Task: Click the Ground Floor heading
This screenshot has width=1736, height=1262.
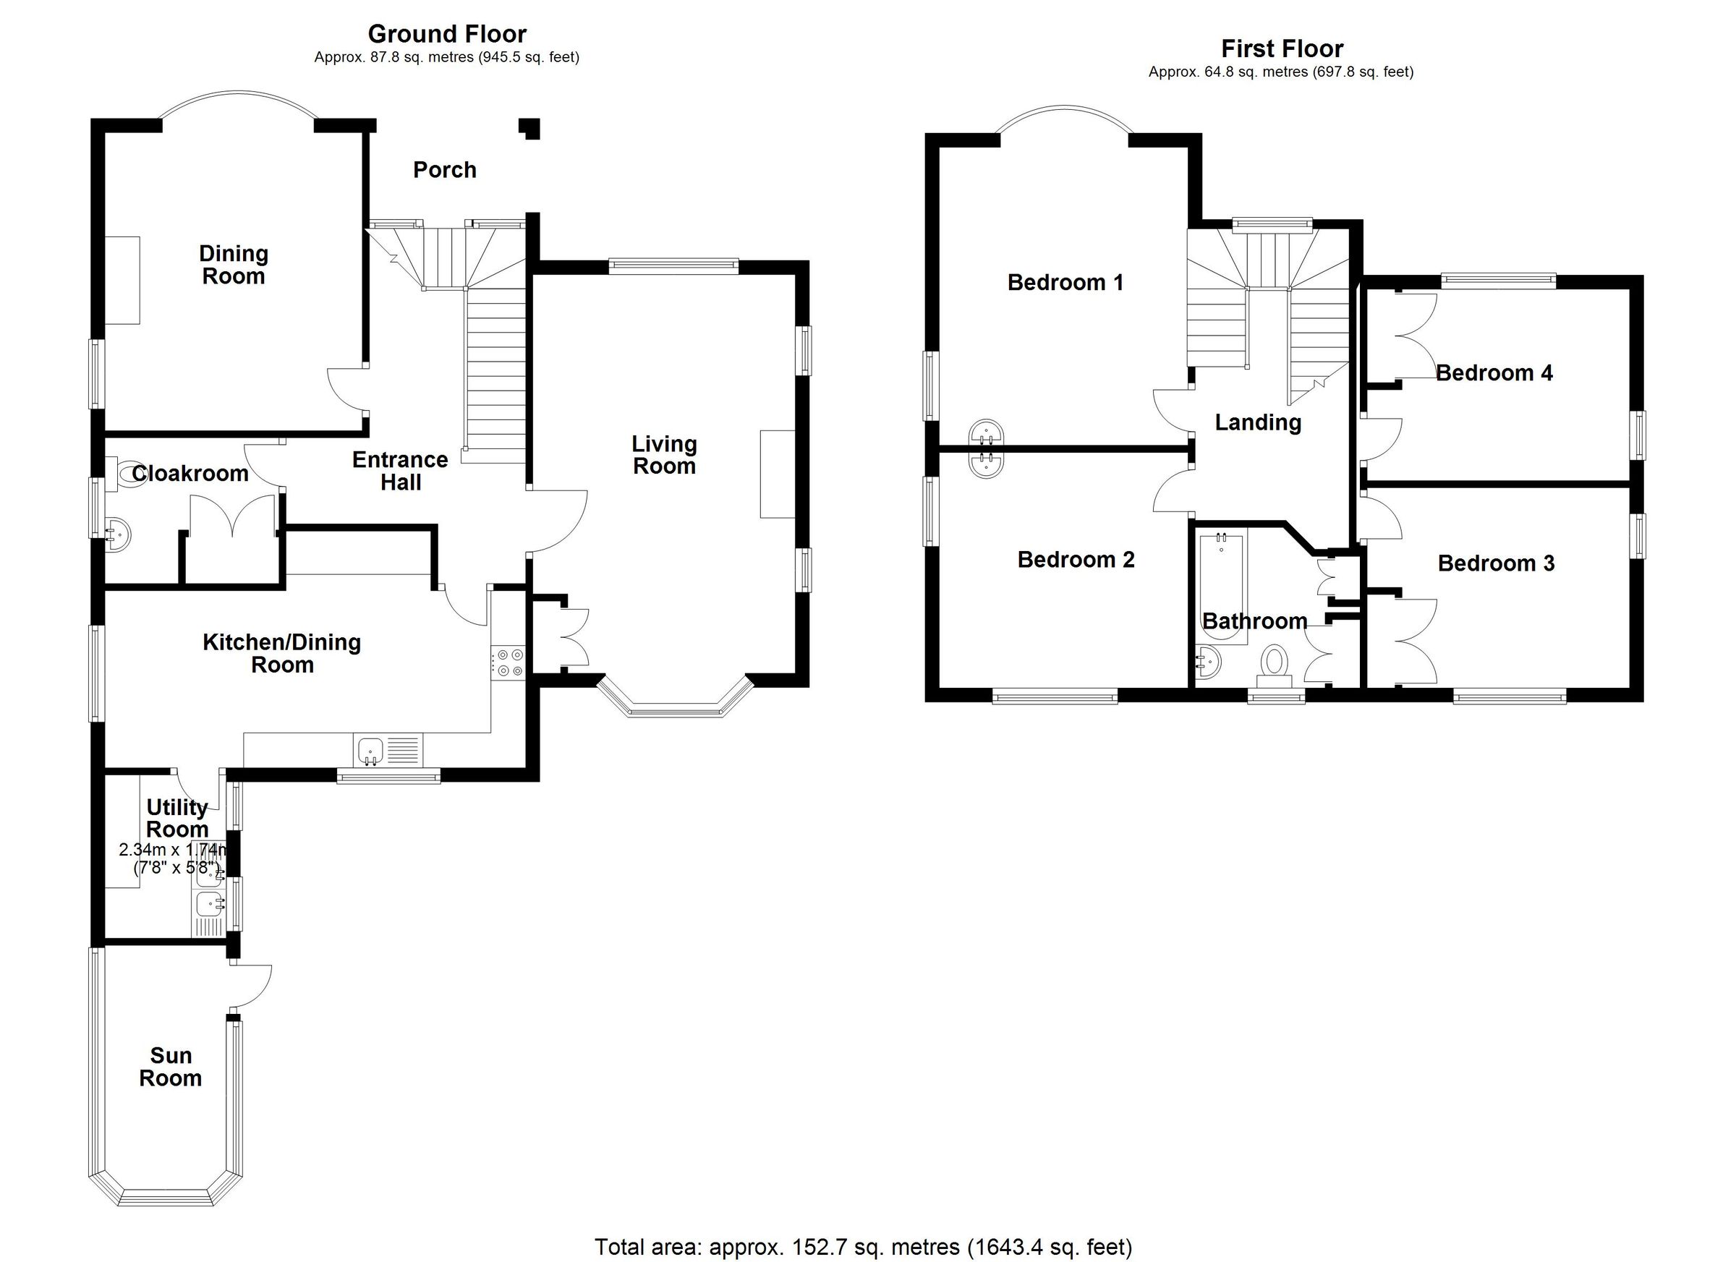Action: click(x=447, y=35)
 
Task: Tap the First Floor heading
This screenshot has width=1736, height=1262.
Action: click(x=1281, y=49)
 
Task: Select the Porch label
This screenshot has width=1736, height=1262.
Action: click(x=445, y=170)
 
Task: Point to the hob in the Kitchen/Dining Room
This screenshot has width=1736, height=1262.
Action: click(x=509, y=662)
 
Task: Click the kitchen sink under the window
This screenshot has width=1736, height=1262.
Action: click(x=370, y=749)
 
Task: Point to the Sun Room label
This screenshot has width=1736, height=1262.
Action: click(x=170, y=1067)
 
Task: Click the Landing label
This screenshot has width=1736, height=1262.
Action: click(x=1258, y=422)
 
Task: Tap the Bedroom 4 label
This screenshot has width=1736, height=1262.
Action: click(x=1494, y=373)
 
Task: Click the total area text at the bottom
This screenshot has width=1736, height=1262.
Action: click(x=863, y=1247)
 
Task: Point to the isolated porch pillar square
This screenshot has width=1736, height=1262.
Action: click(x=530, y=128)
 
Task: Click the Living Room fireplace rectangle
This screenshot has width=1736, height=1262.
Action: click(x=777, y=474)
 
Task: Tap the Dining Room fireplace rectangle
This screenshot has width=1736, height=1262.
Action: click(x=122, y=280)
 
